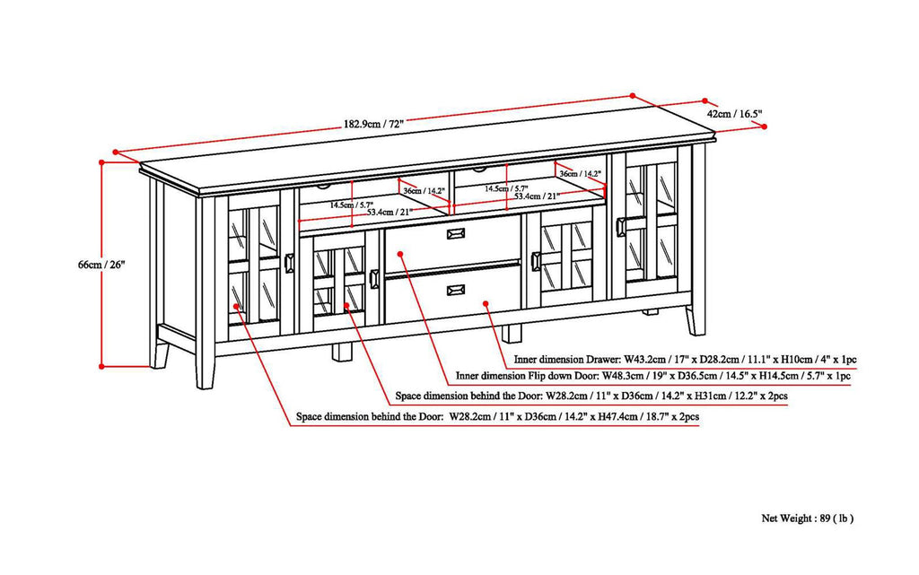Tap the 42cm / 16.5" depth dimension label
tap(734, 114)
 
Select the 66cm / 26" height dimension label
tap(101, 265)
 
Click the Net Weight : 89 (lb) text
tap(807, 518)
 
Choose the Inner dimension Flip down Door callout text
tap(667, 378)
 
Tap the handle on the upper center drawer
tap(456, 233)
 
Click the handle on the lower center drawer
tap(456, 288)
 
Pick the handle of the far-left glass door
tap(289, 263)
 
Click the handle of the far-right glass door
tap(620, 226)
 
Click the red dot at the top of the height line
tap(102, 161)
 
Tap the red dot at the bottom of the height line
tap(102, 366)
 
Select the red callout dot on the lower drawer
tap(486, 304)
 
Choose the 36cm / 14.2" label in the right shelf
tap(580, 173)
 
